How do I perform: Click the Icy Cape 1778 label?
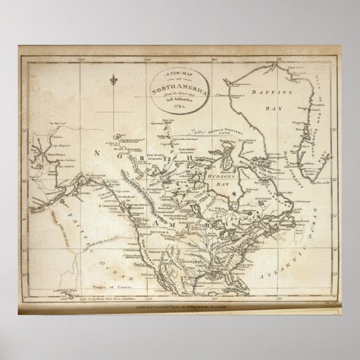pos(58,122)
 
